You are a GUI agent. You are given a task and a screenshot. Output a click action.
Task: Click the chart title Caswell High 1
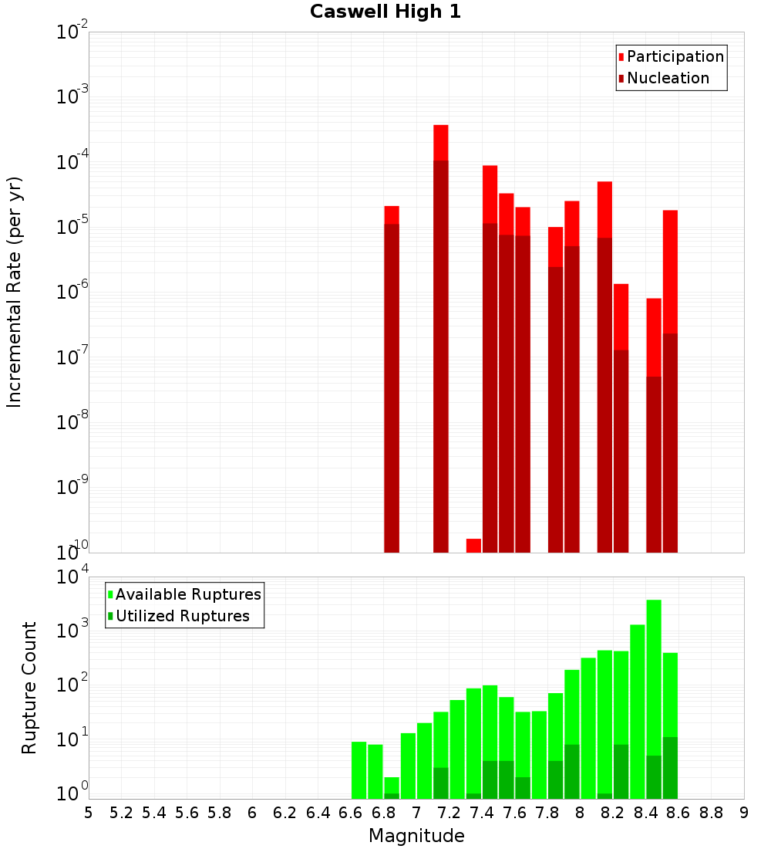pyautogui.click(x=385, y=12)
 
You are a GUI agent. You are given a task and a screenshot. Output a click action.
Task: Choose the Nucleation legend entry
pyautogui.click(x=667, y=79)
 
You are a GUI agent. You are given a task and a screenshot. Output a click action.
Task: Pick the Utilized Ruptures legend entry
pyautogui.click(x=182, y=616)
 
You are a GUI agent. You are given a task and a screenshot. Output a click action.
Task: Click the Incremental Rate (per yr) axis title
pyautogui.click(x=15, y=293)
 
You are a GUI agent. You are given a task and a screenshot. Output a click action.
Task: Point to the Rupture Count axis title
pyautogui.click(x=29, y=688)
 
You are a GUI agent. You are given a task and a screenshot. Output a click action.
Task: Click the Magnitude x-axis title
pyautogui.click(x=416, y=836)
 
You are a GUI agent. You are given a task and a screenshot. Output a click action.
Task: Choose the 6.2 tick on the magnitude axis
pyautogui.click(x=285, y=813)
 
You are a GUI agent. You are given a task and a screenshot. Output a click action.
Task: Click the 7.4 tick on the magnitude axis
pyautogui.click(x=482, y=813)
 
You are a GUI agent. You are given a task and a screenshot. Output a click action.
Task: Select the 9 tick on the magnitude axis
pyautogui.click(x=744, y=813)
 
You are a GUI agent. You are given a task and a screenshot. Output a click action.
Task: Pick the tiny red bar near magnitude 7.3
pyautogui.click(x=473, y=546)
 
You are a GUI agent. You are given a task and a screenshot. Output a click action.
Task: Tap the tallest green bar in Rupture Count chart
pyautogui.click(x=654, y=695)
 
